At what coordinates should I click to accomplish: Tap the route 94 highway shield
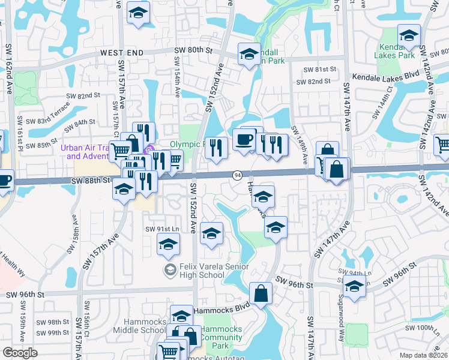(238, 175)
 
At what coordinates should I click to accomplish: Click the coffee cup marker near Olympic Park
(244, 139)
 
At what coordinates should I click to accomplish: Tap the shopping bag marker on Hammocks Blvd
(261, 293)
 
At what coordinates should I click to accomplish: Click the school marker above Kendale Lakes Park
(409, 35)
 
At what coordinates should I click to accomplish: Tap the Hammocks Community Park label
(221, 338)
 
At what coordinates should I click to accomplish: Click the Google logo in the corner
(20, 353)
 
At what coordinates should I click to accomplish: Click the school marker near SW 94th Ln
(354, 287)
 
